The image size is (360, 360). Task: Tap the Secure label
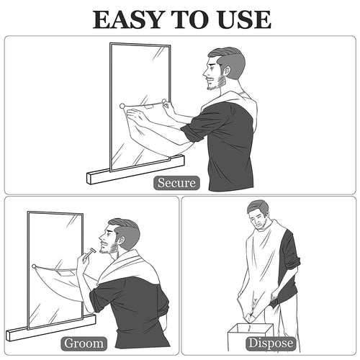pos(176,183)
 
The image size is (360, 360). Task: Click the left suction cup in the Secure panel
pos(122,107)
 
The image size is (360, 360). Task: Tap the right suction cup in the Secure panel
pos(164,102)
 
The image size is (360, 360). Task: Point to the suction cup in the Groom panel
pos(34,267)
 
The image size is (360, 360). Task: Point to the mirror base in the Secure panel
pos(134,168)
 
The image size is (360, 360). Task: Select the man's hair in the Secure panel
pos(228,57)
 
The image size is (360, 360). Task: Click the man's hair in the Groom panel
pos(125,228)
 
